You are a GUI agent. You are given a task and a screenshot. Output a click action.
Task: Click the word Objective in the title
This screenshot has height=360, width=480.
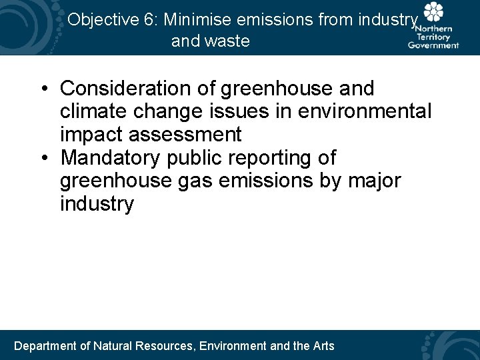click(x=103, y=20)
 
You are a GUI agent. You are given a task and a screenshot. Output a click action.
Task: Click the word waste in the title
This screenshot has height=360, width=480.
click(x=229, y=41)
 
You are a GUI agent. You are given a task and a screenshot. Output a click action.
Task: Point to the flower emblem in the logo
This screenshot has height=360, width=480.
click(x=434, y=13)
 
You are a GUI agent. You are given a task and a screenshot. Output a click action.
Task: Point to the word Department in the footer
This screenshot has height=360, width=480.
click(x=45, y=345)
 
